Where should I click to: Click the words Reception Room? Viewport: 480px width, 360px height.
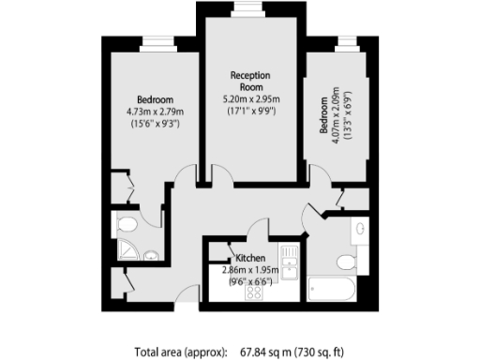point(249,82)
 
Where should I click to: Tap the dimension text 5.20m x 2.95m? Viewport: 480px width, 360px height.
point(249,98)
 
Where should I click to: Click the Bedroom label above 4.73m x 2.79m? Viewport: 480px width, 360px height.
point(155,99)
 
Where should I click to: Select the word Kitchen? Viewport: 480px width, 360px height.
point(250,259)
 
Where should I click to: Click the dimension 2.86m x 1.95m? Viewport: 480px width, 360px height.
point(250,271)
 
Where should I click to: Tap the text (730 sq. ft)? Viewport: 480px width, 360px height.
point(331,352)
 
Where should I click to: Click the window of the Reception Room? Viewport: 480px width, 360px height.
point(248,8)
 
